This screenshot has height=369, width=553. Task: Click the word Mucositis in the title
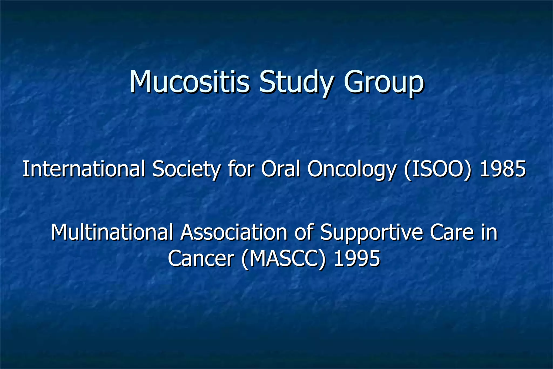(x=189, y=81)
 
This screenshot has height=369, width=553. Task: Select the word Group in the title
(x=383, y=82)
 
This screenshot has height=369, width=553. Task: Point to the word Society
(x=186, y=170)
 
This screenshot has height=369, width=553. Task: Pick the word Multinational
(x=112, y=232)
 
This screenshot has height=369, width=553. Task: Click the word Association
(x=234, y=232)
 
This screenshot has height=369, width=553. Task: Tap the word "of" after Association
(x=304, y=232)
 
